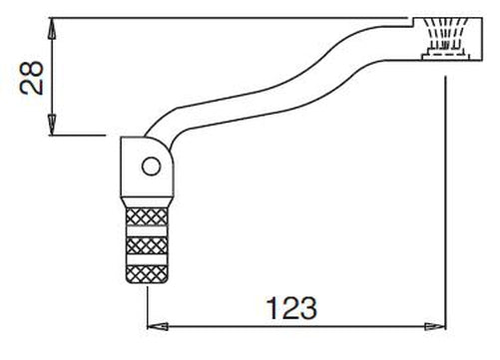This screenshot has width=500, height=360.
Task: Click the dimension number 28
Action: pyautogui.click(x=30, y=76)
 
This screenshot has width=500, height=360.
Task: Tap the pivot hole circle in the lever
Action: pyautogui.click(x=150, y=166)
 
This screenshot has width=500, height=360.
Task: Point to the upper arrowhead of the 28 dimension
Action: pyautogui.click(x=49, y=22)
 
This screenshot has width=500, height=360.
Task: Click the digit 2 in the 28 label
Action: pyautogui.click(x=31, y=87)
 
